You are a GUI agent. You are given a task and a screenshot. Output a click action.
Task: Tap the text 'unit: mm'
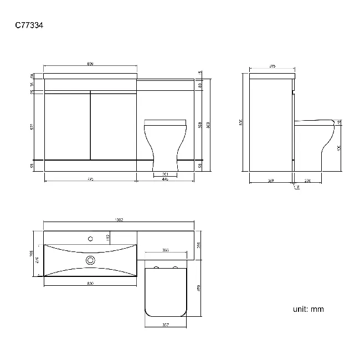[308, 309]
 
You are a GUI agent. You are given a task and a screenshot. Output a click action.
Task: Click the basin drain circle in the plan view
[91, 259]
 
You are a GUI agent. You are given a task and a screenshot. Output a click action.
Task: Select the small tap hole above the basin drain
[90, 240]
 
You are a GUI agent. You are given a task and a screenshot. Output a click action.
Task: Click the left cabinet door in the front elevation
[66, 126]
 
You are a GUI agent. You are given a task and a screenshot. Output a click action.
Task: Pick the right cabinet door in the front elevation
[113, 126]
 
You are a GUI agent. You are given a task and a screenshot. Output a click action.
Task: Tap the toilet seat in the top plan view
[166, 291]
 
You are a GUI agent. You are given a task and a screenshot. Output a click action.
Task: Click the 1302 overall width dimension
[119, 220]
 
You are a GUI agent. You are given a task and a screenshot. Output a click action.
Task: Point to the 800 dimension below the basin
[90, 283]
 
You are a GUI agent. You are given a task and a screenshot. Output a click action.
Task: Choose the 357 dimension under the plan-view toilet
[166, 325]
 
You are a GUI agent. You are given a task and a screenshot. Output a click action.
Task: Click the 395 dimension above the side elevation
[272, 66]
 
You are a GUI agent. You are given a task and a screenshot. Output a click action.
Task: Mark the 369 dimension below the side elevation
[271, 180]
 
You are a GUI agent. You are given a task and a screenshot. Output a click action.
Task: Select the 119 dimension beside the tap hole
[108, 239]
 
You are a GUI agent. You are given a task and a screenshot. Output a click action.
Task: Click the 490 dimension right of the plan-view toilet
[198, 287]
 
